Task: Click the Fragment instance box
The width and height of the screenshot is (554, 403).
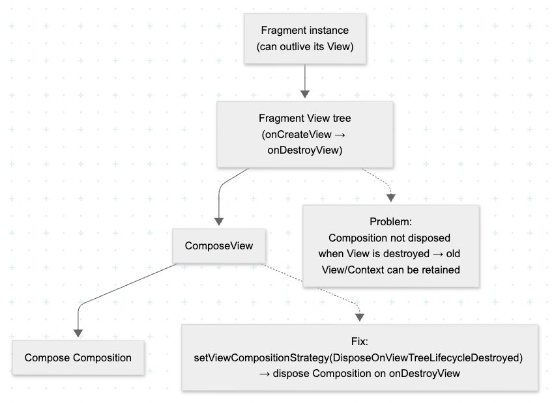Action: [305, 39]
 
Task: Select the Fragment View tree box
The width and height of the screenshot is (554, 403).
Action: [305, 133]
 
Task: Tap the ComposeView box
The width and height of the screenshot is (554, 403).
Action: [219, 246]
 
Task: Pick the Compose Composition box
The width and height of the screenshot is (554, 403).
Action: [78, 357]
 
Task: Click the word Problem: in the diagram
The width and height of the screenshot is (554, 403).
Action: [390, 222]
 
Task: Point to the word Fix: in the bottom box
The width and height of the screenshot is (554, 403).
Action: [360, 341]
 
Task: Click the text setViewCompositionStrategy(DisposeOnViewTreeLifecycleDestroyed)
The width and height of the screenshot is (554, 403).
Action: [360, 357]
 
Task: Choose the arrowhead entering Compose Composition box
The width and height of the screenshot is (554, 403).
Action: [78, 332]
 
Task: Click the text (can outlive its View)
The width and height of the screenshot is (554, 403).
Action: [305, 47]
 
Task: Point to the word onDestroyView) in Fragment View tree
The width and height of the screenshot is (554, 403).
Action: [305, 149]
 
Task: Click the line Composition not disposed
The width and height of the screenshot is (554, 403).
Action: [390, 238]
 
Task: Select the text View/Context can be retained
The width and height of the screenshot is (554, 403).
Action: [391, 269]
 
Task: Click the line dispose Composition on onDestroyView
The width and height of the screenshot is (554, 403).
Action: [365, 373]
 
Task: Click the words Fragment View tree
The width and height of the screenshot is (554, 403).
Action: [305, 118]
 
